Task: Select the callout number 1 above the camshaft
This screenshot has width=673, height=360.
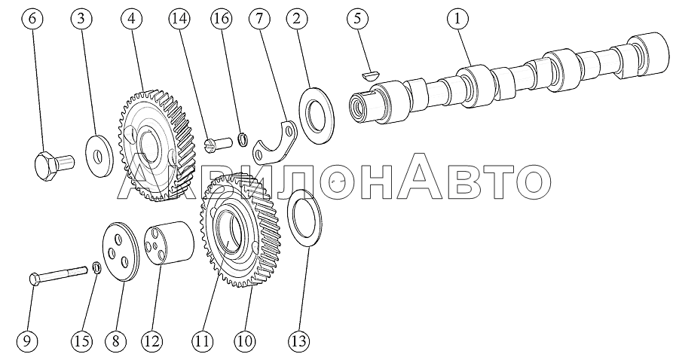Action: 457,18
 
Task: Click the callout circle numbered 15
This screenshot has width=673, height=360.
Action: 82,341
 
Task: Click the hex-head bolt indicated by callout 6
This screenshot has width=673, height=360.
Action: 54,164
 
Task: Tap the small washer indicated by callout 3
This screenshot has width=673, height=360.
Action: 99,155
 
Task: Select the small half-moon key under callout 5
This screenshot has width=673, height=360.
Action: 369,75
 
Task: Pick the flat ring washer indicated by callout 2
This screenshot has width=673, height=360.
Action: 318,116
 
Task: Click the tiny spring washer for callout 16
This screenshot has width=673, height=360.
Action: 243,139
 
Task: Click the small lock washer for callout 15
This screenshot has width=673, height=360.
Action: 97,269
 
